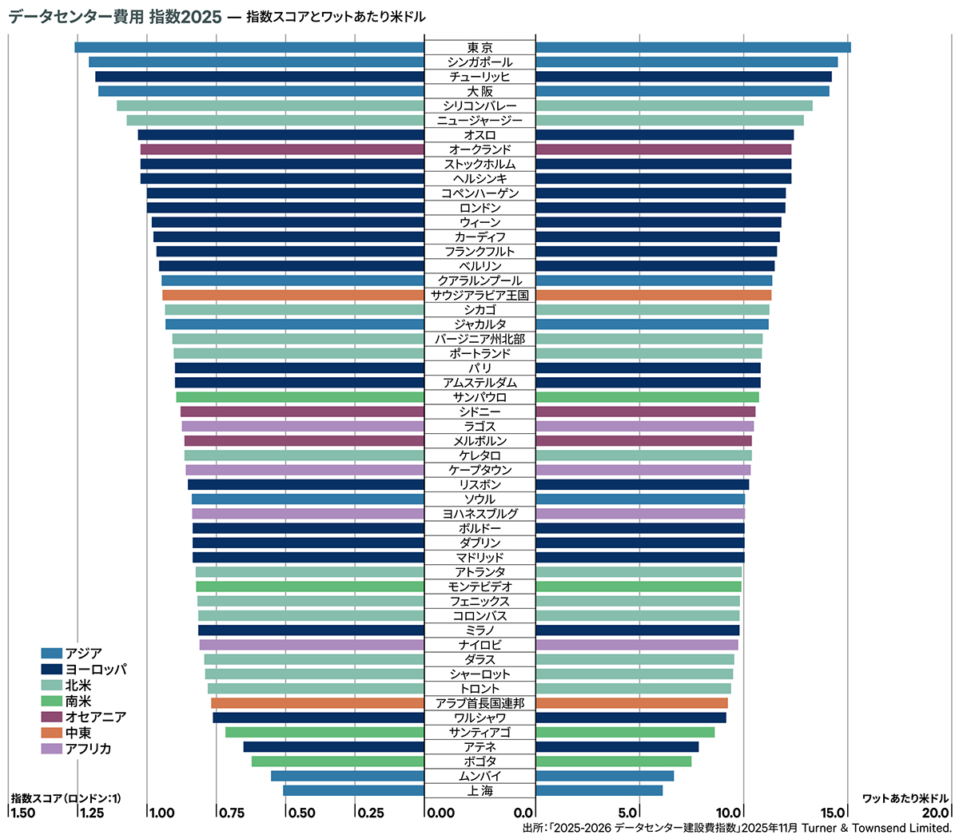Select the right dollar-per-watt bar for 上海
[x=599, y=790]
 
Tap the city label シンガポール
[x=479, y=62]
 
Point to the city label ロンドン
[x=479, y=208]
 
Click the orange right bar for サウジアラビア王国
[x=653, y=295]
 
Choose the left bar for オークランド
[x=282, y=149]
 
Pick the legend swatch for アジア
[x=51, y=654]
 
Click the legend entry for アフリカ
[x=88, y=749]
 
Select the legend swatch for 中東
[x=51, y=733]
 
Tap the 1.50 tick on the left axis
[x=22, y=813]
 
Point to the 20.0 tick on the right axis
[x=936, y=813]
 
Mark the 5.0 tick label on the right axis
[x=629, y=813]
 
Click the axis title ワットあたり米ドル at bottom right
[x=905, y=798]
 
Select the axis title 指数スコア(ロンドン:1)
[x=66, y=798]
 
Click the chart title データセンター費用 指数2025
[x=115, y=17]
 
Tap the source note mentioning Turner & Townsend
[x=737, y=828]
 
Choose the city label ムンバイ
[x=479, y=776]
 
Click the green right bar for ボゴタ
[x=613, y=761]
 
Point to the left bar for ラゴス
[x=302, y=426]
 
